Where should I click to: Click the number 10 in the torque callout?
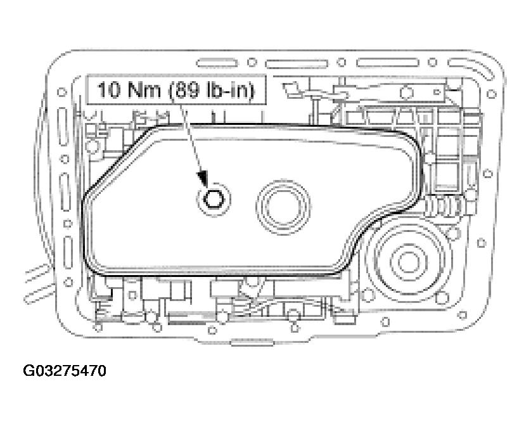(107, 91)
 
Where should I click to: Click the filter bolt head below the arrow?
(212, 199)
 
